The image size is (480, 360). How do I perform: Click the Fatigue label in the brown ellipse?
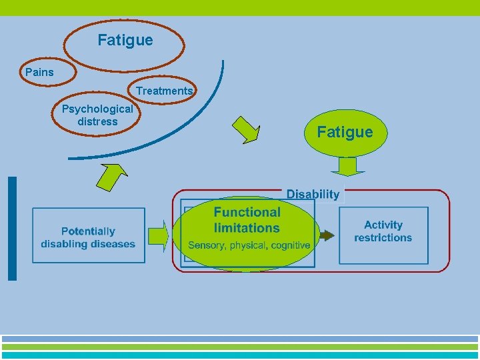coord(125,41)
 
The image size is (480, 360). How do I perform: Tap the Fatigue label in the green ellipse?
coord(345,132)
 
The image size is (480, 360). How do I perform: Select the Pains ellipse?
coord(39,72)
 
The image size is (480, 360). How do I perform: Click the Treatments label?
coord(164,91)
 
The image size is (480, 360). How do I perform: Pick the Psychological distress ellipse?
coord(97,115)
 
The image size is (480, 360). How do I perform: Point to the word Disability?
coord(313,194)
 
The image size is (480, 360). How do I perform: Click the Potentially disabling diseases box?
coord(88,236)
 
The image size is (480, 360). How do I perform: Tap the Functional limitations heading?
coord(247,220)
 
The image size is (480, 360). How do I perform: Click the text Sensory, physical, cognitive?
coord(249,245)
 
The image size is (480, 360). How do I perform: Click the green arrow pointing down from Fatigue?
coord(347,166)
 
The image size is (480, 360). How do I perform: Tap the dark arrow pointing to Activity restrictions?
coord(325,235)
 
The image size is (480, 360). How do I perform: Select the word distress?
coord(97,121)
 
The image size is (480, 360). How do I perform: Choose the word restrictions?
coord(383,238)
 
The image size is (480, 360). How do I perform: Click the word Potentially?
coord(88,231)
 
